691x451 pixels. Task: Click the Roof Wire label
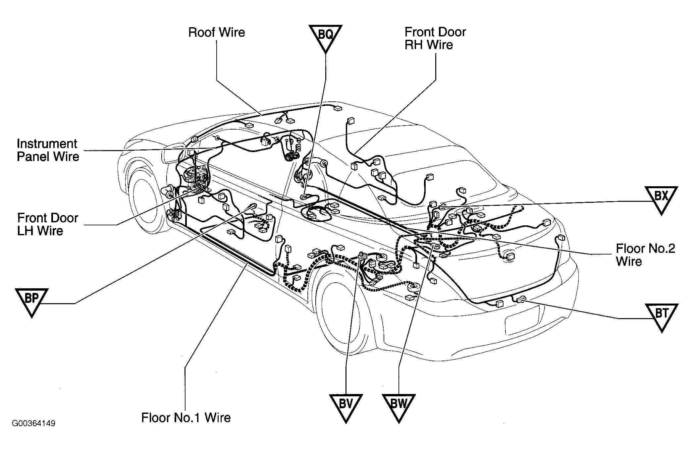217,32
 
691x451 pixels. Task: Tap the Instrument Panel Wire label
48,150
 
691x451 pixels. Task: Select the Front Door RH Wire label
435,38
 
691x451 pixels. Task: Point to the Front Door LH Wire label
47,224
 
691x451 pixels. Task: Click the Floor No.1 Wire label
186,418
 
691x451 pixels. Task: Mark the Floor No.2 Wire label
645,255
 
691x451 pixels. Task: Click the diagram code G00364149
33,423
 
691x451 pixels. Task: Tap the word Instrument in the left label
47,144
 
